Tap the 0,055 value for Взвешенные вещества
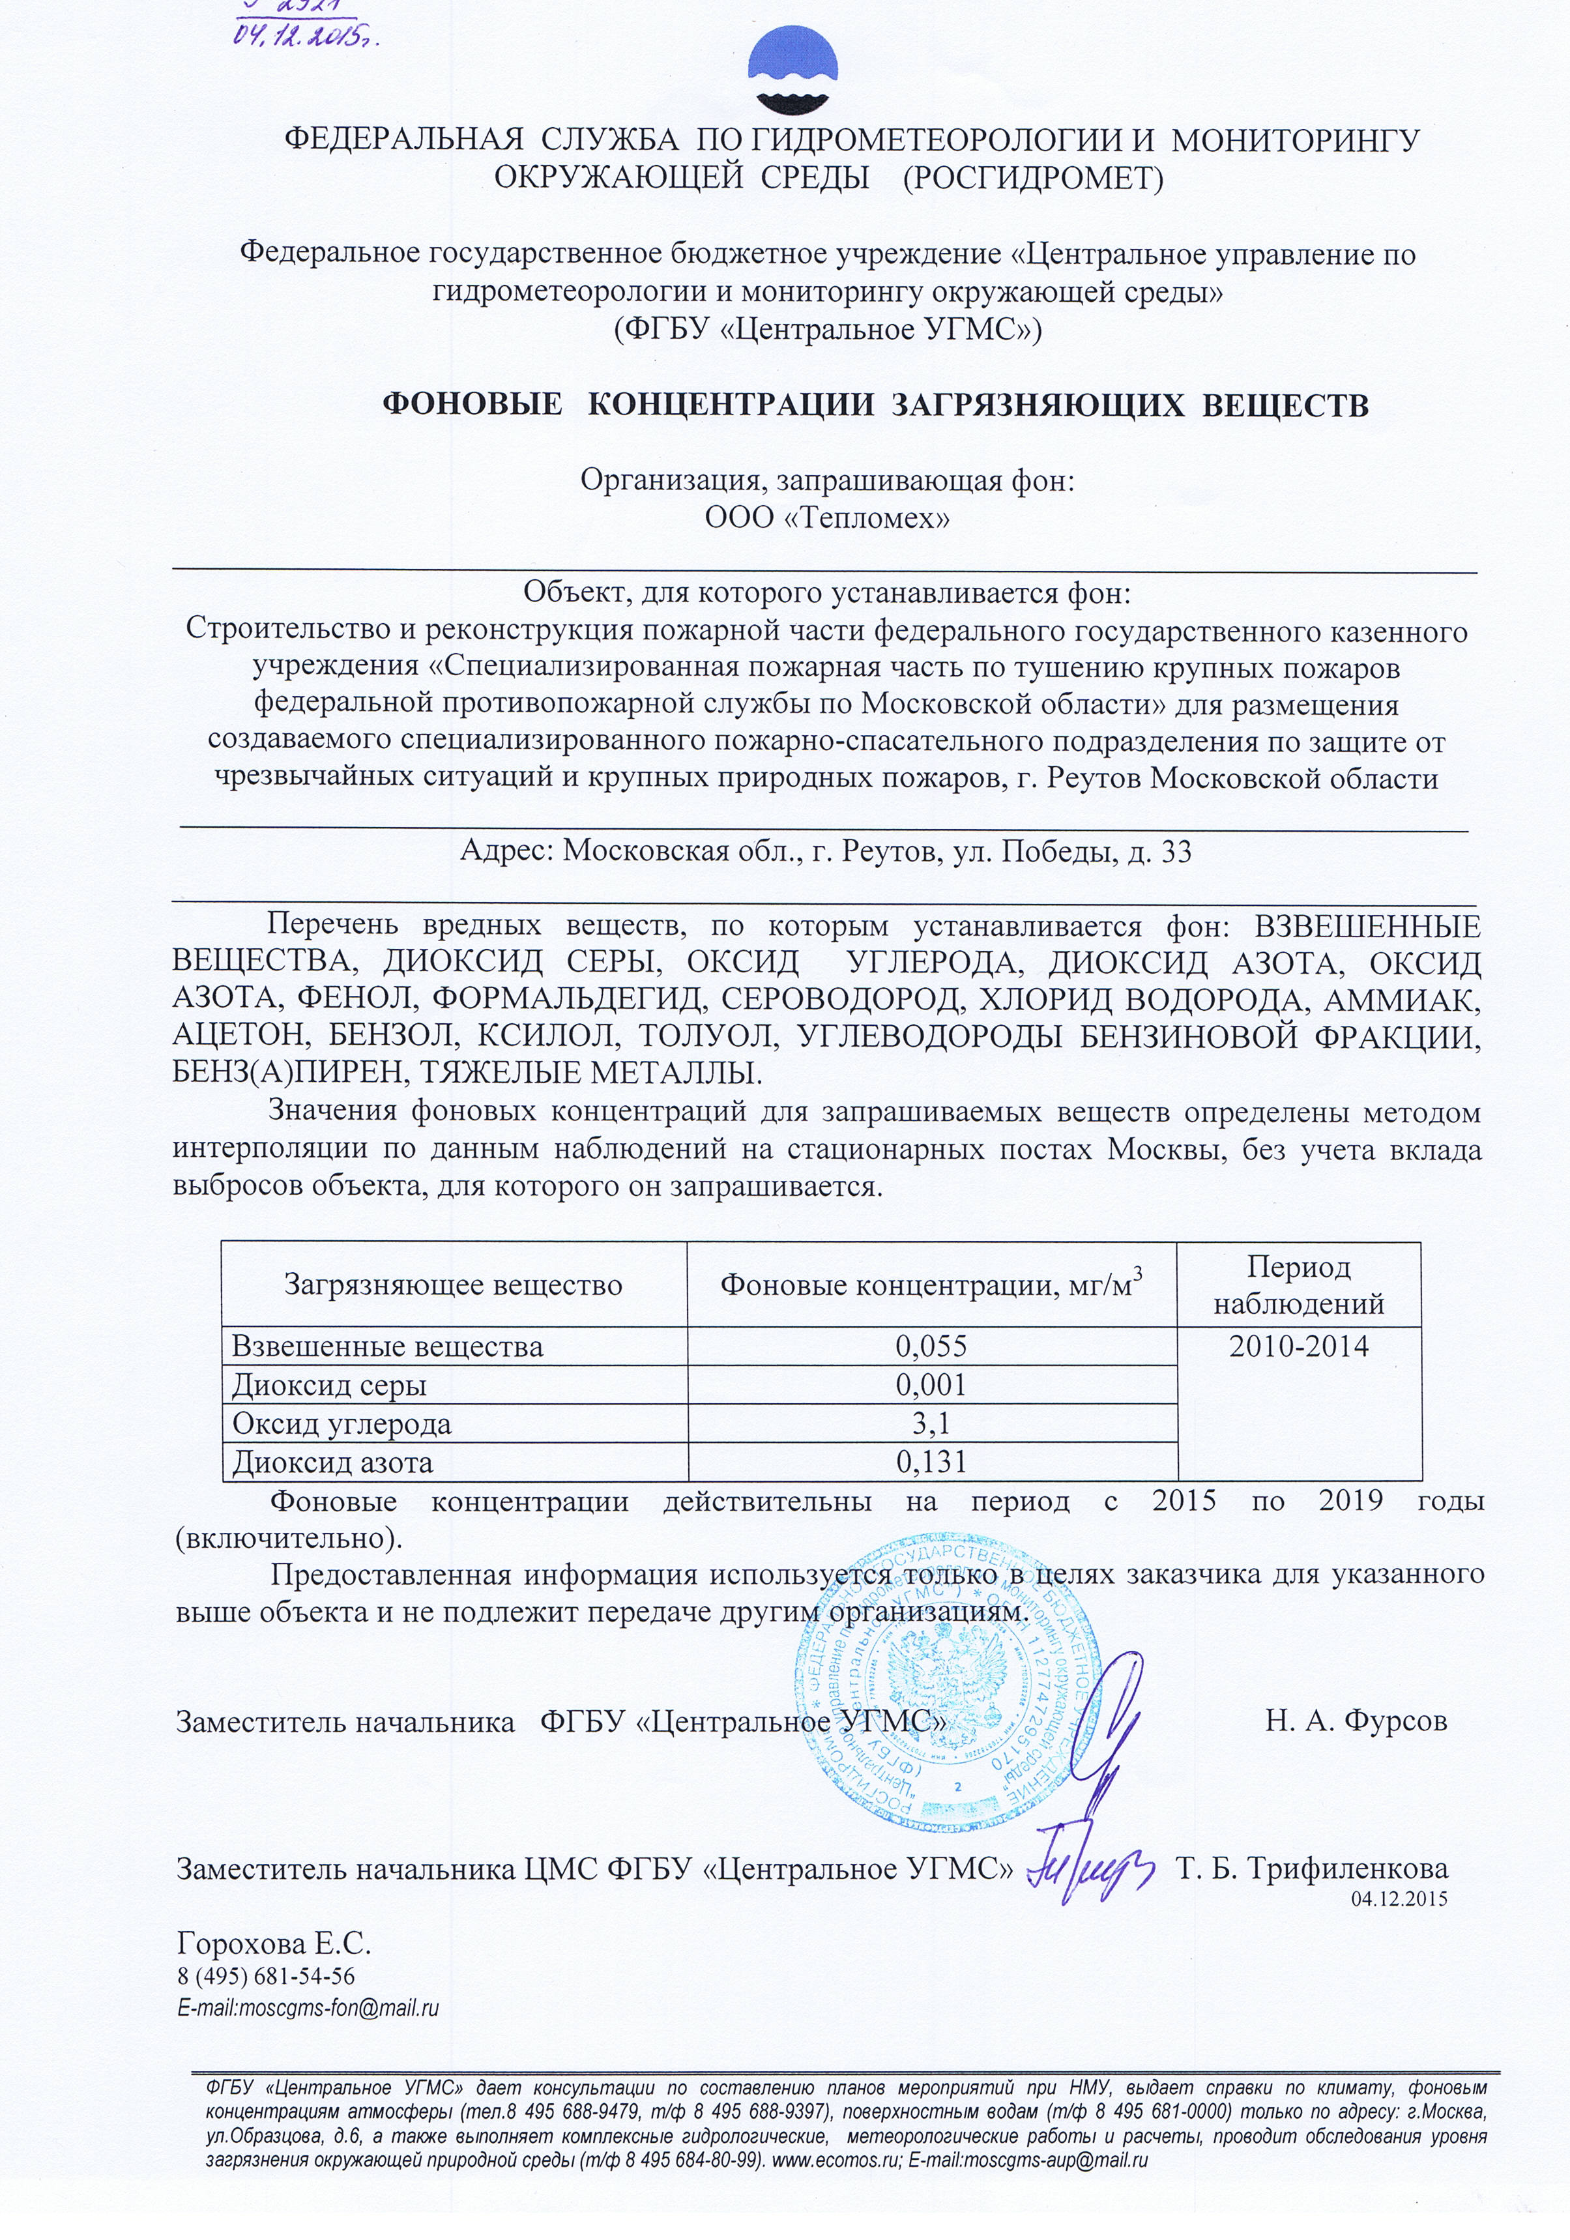[x=931, y=1346]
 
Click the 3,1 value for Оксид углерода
[x=931, y=1423]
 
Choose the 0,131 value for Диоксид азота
[x=931, y=1461]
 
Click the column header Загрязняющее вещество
[x=453, y=1285]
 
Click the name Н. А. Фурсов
[x=1356, y=1719]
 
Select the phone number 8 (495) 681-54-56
[x=265, y=1977]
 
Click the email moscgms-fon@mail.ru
[x=308, y=2008]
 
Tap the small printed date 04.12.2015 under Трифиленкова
[x=1398, y=1898]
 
